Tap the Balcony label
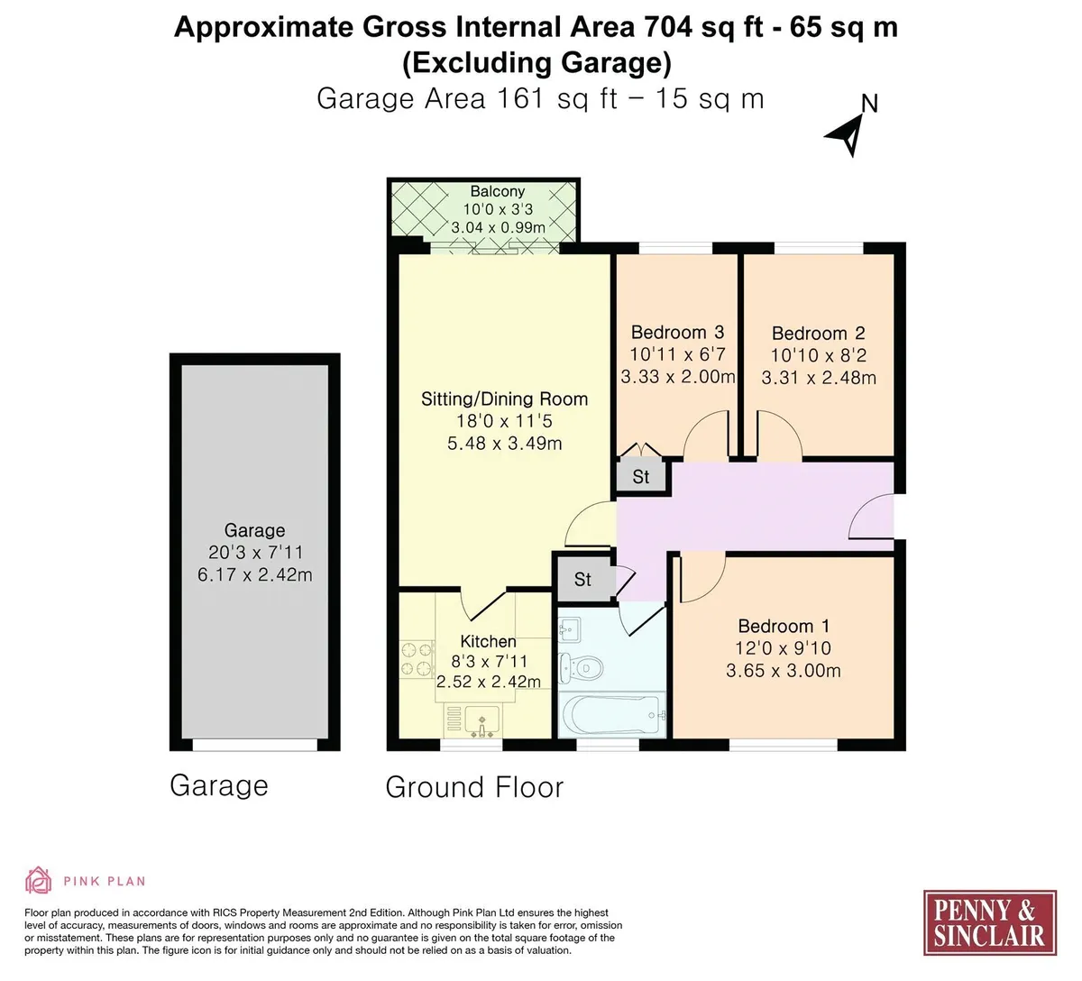(498, 191)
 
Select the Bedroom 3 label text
(677, 332)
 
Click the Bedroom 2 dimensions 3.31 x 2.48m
(818, 378)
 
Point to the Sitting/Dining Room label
(504, 399)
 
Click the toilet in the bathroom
(580, 669)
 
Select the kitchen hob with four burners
(417, 659)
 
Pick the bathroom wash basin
(569, 629)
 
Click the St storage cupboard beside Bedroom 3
(641, 477)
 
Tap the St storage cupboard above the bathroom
(583, 580)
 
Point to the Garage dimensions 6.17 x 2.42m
(254, 574)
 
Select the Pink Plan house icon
(38, 880)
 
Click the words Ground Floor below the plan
(474, 787)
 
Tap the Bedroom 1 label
(784, 626)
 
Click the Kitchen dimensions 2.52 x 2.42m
(488, 682)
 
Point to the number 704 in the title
(667, 27)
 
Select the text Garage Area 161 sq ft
(467, 99)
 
